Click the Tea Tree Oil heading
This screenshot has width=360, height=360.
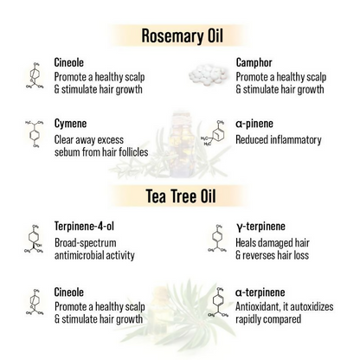(180, 196)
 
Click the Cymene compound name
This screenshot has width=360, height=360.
(72, 124)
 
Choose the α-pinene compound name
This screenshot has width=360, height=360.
(257, 125)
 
